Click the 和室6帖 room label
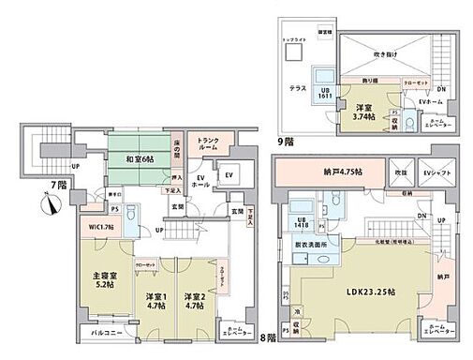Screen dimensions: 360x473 133,157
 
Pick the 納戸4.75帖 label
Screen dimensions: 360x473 326,172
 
